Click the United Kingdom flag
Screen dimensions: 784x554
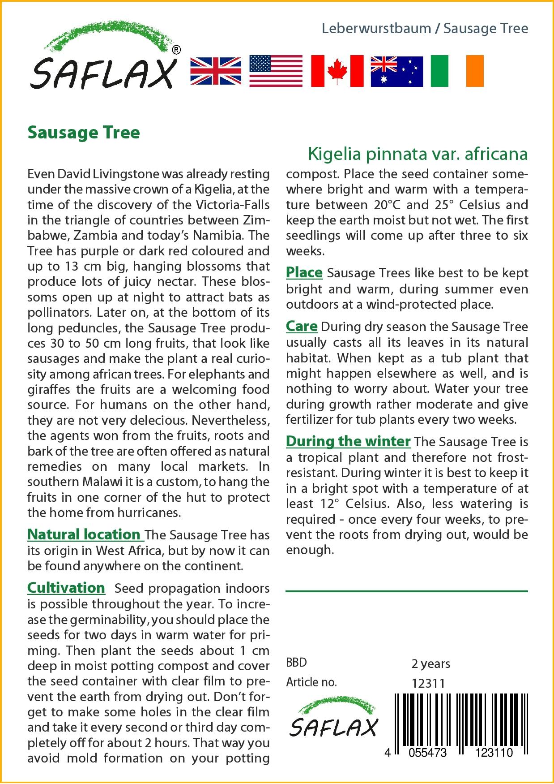click(x=216, y=71)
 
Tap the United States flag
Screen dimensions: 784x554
click(x=276, y=71)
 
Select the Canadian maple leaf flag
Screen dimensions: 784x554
click(x=337, y=71)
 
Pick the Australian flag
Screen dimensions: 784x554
click(x=396, y=71)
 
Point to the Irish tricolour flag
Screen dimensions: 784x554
click(x=457, y=71)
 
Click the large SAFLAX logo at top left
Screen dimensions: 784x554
click(x=103, y=58)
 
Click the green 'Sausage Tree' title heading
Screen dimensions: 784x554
click(x=84, y=133)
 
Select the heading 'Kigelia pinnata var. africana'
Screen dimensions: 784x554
click(x=418, y=154)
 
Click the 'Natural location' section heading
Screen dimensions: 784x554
click(x=84, y=534)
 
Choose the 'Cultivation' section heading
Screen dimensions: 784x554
click(x=66, y=588)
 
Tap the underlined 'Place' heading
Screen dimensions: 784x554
click(x=304, y=272)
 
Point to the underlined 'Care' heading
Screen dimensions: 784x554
click(x=302, y=326)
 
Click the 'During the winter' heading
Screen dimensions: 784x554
click(x=348, y=441)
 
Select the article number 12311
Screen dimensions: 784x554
click(x=428, y=683)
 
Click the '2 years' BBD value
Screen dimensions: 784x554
click(x=430, y=663)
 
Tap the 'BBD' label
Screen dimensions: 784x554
click(x=296, y=663)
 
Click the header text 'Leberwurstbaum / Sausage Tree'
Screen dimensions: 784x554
click(x=425, y=29)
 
